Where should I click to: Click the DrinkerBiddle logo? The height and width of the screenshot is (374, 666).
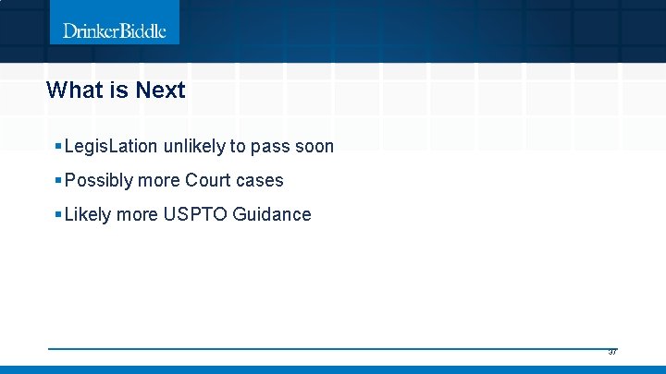point(115,30)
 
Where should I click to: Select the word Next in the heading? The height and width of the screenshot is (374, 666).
point(160,90)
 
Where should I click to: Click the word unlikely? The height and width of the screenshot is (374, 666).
point(192,147)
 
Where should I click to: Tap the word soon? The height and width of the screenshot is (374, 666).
point(314,147)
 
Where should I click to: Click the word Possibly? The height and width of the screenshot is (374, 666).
point(100,181)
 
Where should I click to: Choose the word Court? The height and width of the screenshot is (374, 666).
point(209,181)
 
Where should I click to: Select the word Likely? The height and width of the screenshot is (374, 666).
point(88,215)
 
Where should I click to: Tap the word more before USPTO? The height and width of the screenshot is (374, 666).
point(138,215)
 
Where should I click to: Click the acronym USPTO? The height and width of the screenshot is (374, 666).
point(195,215)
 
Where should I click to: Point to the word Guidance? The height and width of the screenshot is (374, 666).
point(272,215)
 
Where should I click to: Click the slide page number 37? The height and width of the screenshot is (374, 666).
point(612,352)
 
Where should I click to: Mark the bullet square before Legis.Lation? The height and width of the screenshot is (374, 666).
point(58,147)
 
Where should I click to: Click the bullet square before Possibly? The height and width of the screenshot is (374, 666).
point(58,181)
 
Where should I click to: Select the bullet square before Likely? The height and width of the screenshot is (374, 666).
point(58,215)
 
